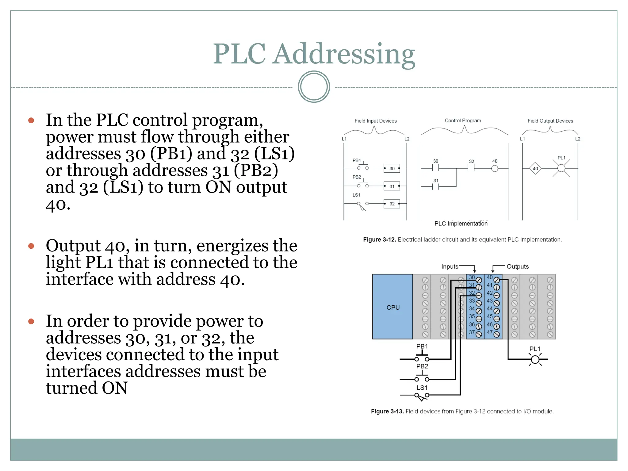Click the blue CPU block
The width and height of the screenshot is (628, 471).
tap(392, 307)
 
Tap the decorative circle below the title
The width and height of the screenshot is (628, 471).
tap(314, 87)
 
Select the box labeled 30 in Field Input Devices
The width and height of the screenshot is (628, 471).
tap(392, 168)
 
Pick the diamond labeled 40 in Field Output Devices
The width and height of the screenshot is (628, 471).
tap(535, 168)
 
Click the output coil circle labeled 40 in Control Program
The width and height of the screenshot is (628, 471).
tap(495, 168)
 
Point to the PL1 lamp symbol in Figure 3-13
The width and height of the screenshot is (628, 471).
tap(535, 359)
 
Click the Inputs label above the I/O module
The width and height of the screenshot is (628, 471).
tap(450, 266)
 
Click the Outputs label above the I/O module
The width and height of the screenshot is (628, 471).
tap(518, 266)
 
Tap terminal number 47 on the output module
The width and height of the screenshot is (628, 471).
tap(490, 332)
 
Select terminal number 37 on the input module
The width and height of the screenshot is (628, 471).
tap(472, 332)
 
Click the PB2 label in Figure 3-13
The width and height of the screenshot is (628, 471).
tap(422, 366)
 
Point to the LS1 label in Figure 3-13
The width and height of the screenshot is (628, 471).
tap(422, 388)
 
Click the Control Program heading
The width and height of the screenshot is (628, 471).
tap(463, 121)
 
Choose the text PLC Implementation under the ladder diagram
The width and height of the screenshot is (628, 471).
tap(461, 224)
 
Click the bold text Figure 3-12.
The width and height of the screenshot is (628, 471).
tap(379, 239)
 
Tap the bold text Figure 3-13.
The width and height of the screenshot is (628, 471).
tap(387, 411)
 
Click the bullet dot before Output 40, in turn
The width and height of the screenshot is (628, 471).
tap(31, 246)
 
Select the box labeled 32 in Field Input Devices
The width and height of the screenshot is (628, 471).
tap(392, 204)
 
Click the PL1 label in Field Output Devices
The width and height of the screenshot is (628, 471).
tap(561, 158)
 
